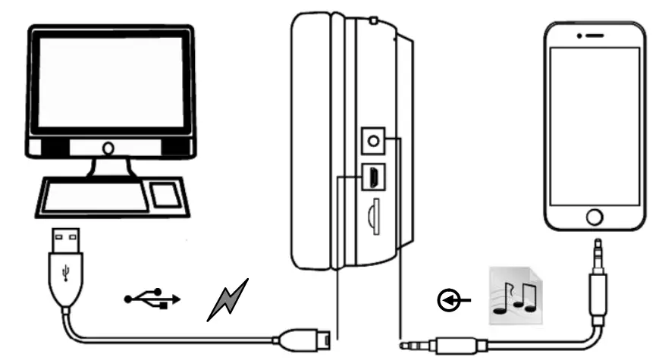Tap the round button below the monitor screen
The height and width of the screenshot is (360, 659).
tap(109, 148)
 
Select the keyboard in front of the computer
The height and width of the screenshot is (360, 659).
tap(95, 194)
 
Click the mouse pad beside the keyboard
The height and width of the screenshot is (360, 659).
tap(165, 195)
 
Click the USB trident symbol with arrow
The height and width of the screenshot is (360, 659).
tap(152, 299)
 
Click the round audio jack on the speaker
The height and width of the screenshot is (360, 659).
tap(372, 139)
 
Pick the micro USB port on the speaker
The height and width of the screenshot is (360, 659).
tap(372, 176)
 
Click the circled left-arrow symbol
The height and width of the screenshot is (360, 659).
tap(448, 302)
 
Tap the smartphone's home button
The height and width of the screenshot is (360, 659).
tap(595, 218)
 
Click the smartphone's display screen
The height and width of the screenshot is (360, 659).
tap(595, 125)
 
